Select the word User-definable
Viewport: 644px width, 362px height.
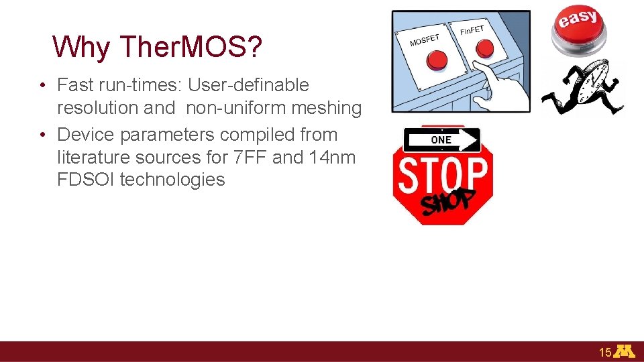pyautogui.click(x=248, y=85)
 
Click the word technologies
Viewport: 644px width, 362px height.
pyautogui.click(x=172, y=180)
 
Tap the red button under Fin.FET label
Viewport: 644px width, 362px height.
pyautogui.click(x=484, y=48)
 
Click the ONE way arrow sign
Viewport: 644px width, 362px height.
pyautogui.click(x=442, y=139)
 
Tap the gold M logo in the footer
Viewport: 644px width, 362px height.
pyautogui.click(x=625, y=352)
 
